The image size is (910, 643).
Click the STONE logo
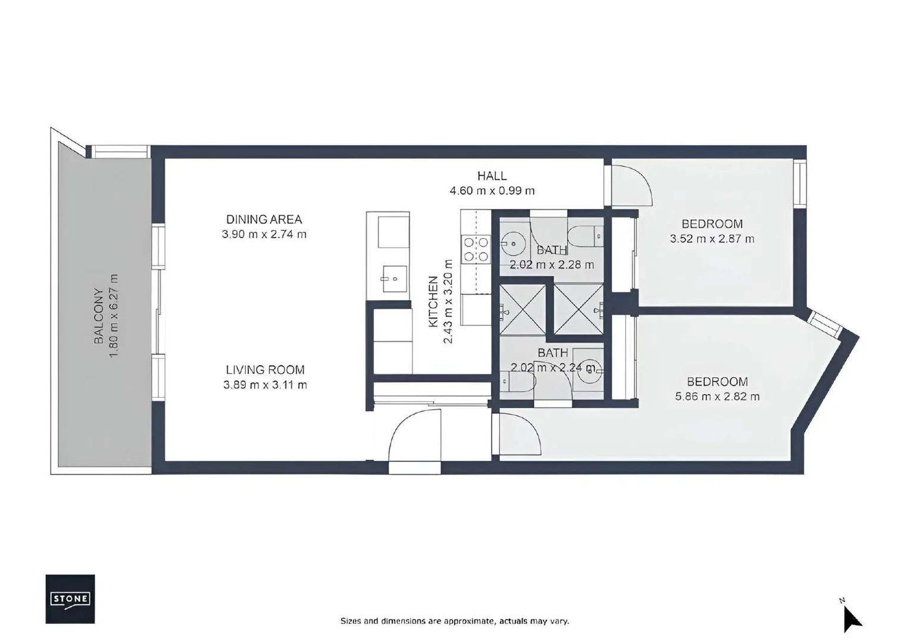70,598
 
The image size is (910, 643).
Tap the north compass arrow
852,619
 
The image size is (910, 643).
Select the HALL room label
492,176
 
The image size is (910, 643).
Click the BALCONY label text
99,316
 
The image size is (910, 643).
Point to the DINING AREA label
264,219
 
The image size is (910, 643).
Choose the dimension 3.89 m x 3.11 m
265,385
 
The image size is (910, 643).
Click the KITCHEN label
433,301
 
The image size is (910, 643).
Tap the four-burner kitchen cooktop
476,249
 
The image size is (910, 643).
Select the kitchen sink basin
393,279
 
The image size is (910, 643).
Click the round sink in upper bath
510,244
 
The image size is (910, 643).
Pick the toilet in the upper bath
585,236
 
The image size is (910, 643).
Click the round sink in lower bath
589,370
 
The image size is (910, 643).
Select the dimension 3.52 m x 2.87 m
712,239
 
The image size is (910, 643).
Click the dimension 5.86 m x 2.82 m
717,397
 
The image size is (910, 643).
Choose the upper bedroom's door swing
632,186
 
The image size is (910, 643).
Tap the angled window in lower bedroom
825,322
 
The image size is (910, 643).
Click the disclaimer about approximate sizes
455,621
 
